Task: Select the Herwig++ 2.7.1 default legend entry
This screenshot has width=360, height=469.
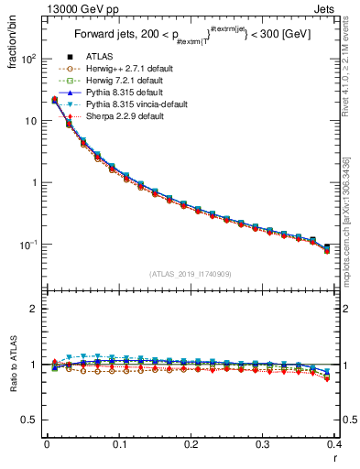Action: [125, 69]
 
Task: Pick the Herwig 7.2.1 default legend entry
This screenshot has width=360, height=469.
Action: [124, 81]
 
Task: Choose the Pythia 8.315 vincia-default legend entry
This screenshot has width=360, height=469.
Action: [136, 104]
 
